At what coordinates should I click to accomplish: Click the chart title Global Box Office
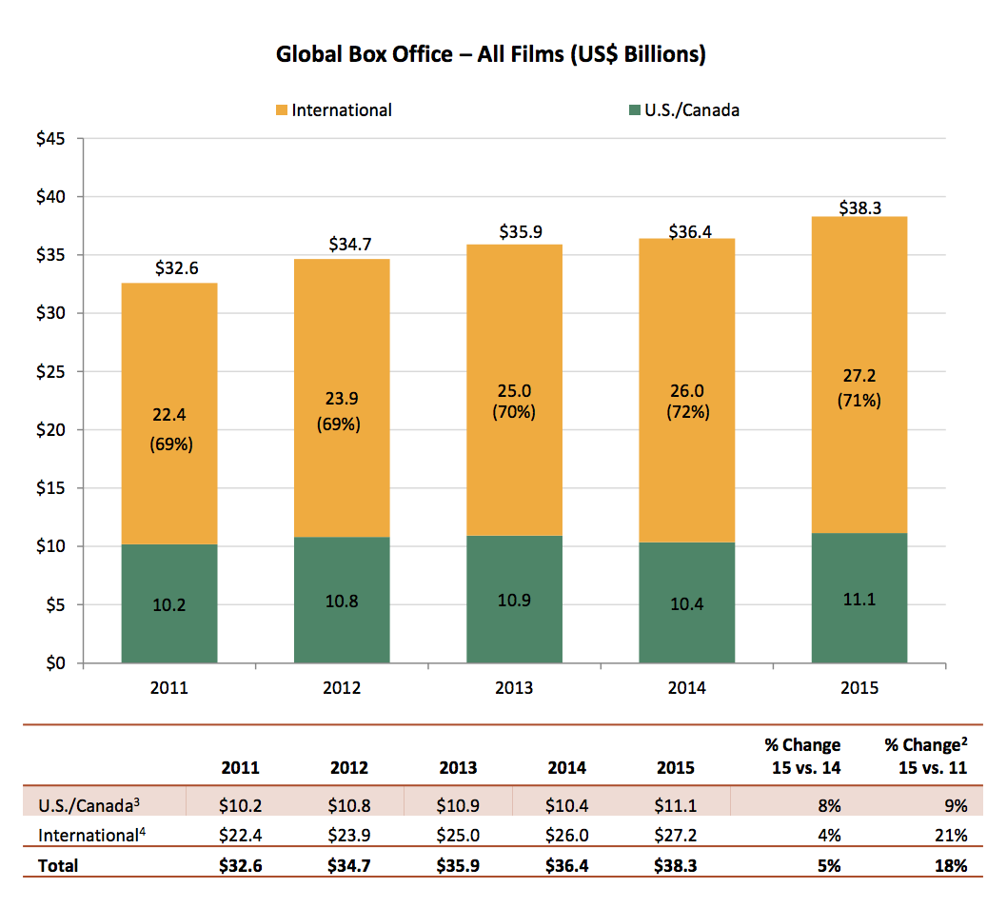[x=490, y=54]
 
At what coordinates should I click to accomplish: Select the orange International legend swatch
[x=281, y=110]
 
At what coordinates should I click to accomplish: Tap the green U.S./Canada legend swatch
[x=634, y=110]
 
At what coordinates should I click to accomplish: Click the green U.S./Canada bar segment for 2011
[x=169, y=603]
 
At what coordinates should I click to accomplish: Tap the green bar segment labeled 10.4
[x=686, y=602]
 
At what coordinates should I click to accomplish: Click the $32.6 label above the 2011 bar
[x=169, y=268]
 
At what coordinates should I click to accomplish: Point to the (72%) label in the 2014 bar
[x=686, y=412]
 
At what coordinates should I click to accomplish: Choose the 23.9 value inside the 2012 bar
[x=342, y=400]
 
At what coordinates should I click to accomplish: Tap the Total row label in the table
[x=58, y=865]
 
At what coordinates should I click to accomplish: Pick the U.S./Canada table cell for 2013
[x=458, y=806]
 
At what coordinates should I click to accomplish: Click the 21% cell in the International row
[x=951, y=836]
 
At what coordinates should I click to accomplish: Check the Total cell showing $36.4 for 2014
[x=566, y=865]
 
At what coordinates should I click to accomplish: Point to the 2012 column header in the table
[x=349, y=767]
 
